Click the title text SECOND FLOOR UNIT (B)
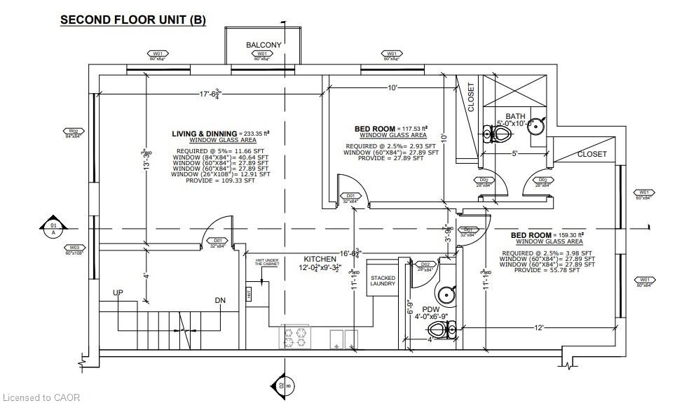[132, 20]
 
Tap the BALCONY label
[264, 45]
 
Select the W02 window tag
[72, 131]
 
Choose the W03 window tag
[74, 248]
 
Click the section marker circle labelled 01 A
[53, 229]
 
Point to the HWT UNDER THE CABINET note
[267, 263]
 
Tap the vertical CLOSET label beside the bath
[471, 97]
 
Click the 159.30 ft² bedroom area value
[569, 235]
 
